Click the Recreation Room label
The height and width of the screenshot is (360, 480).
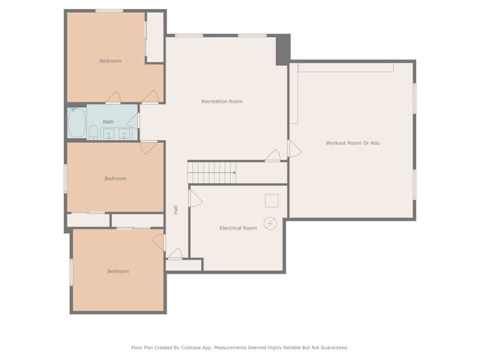222,101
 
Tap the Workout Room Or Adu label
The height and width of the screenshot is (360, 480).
352,143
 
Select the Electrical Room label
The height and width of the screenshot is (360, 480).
238,228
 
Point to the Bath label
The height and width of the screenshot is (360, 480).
108,121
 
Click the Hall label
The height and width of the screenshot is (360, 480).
176,210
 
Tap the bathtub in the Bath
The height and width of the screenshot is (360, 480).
76,122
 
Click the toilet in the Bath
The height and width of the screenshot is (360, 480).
93,133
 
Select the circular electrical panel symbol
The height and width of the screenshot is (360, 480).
270,223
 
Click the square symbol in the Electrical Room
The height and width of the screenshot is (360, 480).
271,200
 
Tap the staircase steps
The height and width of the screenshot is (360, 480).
211,172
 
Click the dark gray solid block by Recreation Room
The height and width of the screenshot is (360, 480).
283,49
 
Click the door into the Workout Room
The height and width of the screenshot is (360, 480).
295,148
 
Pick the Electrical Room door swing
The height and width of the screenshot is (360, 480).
196,198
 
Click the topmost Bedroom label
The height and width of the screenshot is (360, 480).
110,61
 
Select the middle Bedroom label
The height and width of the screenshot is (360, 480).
115,178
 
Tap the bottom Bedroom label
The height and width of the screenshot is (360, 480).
118,271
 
